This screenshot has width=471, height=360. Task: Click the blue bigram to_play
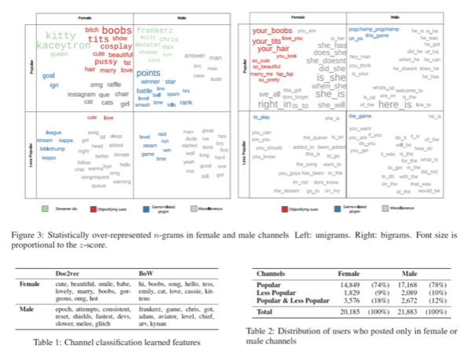(x=261, y=116)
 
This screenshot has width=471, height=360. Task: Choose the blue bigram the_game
(x=359, y=116)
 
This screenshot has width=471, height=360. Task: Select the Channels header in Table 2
(x=276, y=274)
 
